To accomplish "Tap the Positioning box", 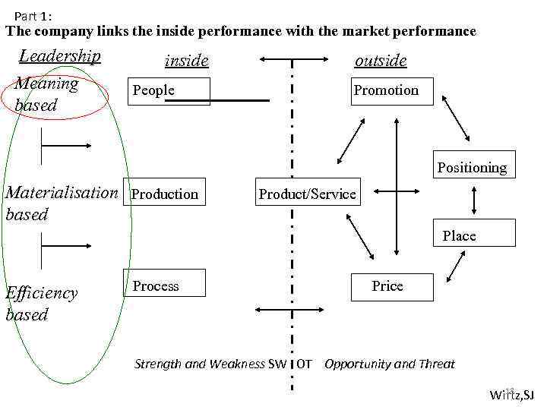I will tap(471, 167).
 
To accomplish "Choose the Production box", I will tap(166, 194).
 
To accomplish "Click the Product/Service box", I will tap(307, 194).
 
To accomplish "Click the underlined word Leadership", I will tap(59, 56).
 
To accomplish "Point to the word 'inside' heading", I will tap(186, 61).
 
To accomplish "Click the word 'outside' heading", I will tap(381, 61).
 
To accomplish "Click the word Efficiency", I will tap(42, 293).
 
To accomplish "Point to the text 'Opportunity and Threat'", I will tap(389, 364).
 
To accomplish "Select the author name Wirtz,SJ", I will tap(511, 394).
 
